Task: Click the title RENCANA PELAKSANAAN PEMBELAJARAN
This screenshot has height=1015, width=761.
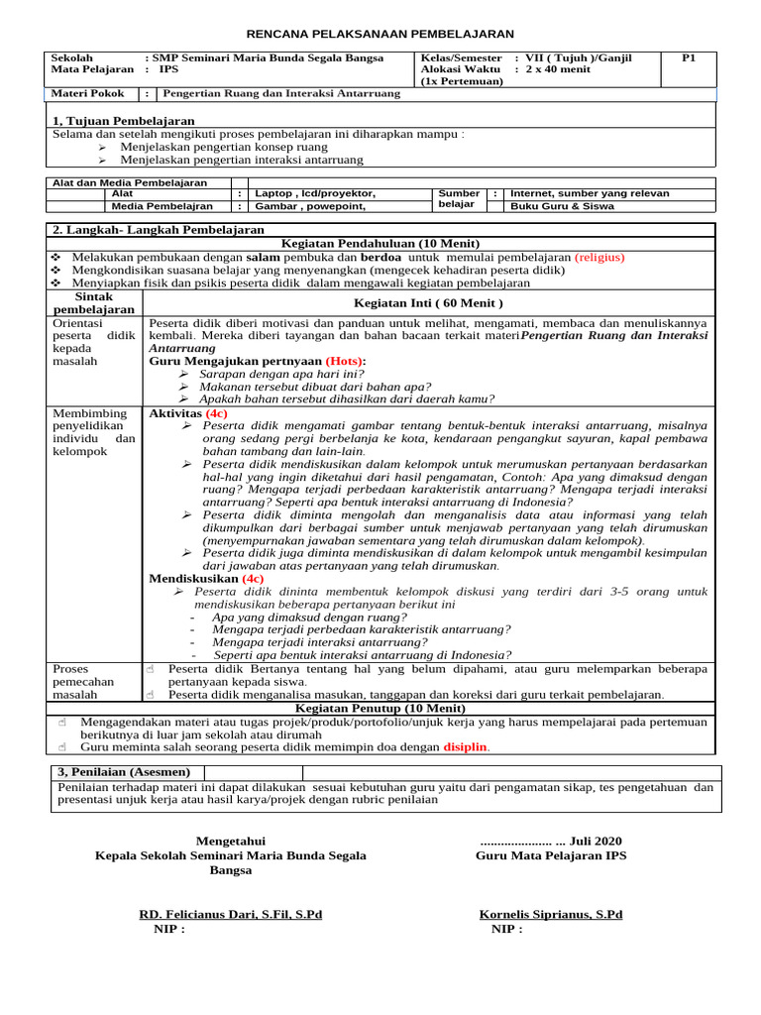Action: (380, 34)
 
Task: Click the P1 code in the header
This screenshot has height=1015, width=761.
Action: (689, 58)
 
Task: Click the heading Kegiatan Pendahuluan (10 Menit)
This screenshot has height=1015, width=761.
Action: (380, 244)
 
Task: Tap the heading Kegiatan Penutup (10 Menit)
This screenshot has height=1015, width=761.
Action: (380, 708)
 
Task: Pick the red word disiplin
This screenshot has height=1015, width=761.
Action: (466, 746)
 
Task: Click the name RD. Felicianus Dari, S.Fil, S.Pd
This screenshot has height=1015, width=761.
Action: (230, 914)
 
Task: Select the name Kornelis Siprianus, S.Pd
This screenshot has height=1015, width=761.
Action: (551, 914)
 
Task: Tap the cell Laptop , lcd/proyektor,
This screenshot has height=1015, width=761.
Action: (315, 194)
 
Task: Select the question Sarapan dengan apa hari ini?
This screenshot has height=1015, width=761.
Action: (281, 375)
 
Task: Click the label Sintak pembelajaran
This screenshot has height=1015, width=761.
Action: (94, 302)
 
